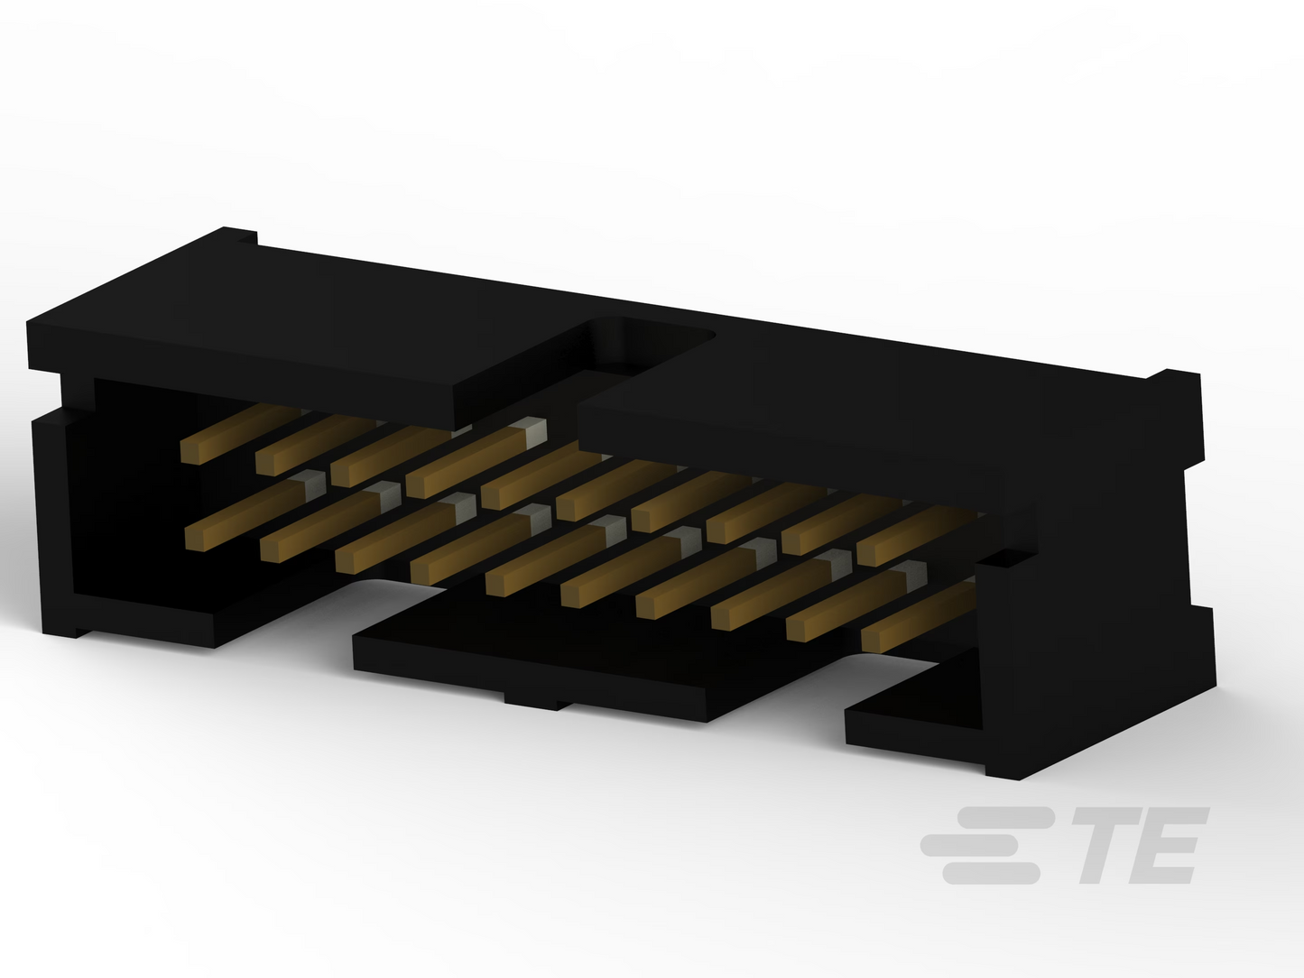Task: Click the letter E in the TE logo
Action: pos(1168,845)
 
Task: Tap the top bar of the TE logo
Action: pos(1005,817)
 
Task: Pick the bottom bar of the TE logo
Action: pos(991,873)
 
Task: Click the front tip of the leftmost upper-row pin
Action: pos(190,453)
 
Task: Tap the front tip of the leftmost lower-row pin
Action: pos(195,540)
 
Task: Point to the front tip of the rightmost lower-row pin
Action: pos(870,641)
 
